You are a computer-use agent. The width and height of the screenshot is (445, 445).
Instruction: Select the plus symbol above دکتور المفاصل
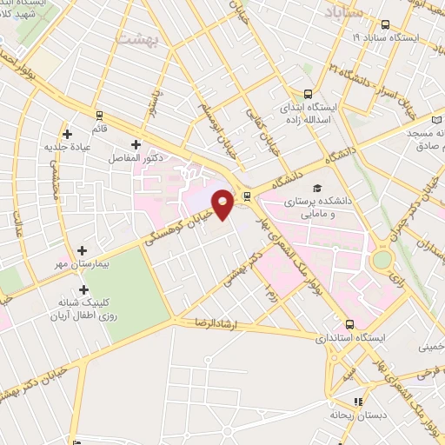coord(135,144)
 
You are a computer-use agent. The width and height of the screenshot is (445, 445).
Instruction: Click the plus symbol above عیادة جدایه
coord(67,132)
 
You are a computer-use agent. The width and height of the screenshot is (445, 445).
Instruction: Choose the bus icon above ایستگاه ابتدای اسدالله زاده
coord(309,95)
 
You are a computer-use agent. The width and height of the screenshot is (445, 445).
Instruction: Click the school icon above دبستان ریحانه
coord(356,401)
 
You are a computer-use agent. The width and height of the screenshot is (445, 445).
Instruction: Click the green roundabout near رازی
coord(382,260)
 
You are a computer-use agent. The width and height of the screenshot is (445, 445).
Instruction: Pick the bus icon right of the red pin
coord(248,196)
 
